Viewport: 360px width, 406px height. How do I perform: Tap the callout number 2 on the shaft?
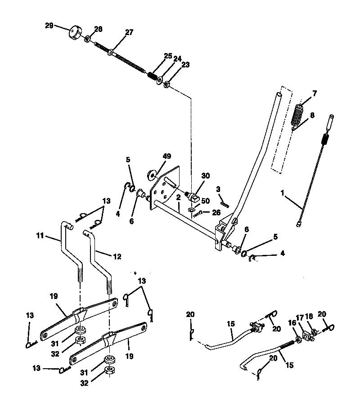[x=178, y=197]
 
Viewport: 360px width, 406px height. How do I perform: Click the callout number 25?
[x=168, y=56]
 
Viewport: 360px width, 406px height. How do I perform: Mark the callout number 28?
[x=98, y=29]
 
